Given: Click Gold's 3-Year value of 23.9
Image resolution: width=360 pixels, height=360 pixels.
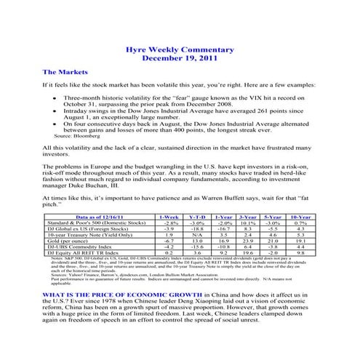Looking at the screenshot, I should pyautogui.click(x=248, y=241).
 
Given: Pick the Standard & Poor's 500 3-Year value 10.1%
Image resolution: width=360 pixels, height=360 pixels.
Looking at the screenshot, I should pyautogui.click(x=248, y=223).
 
